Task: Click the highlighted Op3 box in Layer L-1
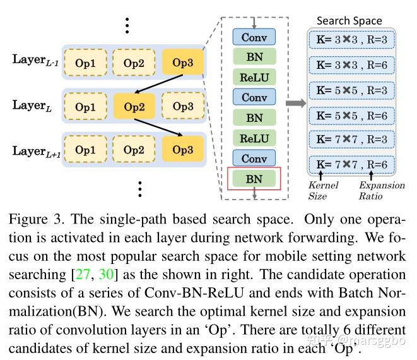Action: [x=183, y=62]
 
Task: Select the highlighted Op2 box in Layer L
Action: [x=134, y=106]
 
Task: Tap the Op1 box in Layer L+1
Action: [x=85, y=149]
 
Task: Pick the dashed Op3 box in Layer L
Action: [x=183, y=105]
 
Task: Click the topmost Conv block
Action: [x=254, y=37]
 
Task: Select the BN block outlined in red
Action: [x=254, y=179]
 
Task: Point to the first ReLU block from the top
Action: [x=254, y=77]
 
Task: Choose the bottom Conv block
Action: [x=254, y=158]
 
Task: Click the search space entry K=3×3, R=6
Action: [x=351, y=65]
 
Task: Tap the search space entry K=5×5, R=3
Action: [x=351, y=90]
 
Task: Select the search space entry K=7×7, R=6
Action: [x=351, y=164]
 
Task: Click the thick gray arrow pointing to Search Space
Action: [x=296, y=103]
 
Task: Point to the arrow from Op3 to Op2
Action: [x=159, y=84]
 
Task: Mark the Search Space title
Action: [x=349, y=21]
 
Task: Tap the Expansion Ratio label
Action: [x=382, y=190]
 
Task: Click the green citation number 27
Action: [x=83, y=274]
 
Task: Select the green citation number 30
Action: [x=106, y=274]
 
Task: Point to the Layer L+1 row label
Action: [x=37, y=151]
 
